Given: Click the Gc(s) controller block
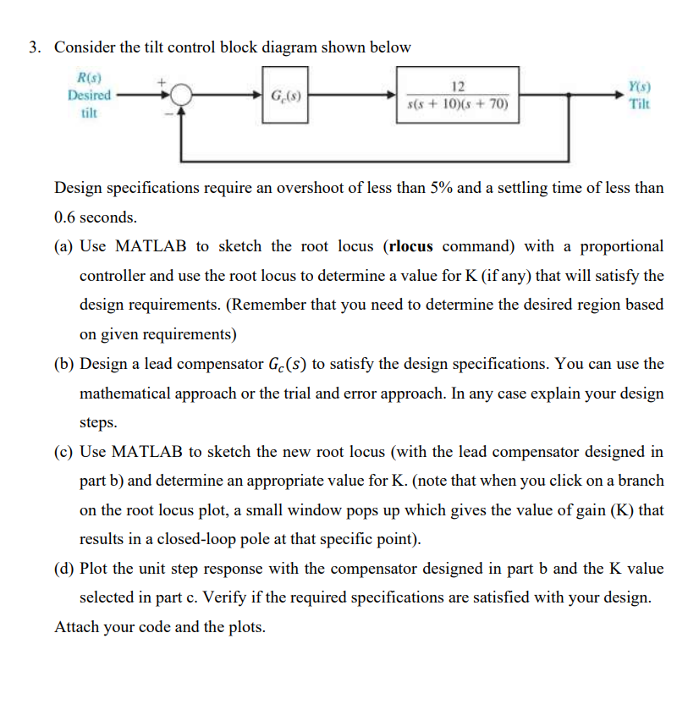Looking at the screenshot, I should pyautogui.click(x=283, y=96).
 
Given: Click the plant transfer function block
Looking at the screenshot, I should pyautogui.click(x=458, y=96).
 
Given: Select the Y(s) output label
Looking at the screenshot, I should pyautogui.click(x=639, y=87).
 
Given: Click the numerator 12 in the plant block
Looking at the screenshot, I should pyautogui.click(x=458, y=85).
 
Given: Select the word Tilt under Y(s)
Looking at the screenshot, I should pyautogui.click(x=639, y=103).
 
